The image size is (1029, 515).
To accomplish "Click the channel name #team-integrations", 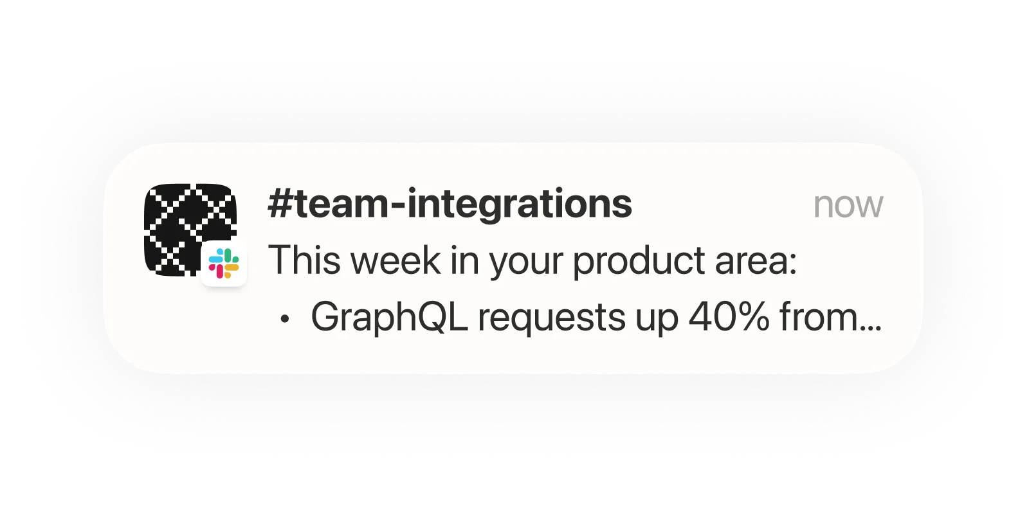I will pyautogui.click(x=450, y=205).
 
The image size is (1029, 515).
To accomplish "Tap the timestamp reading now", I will pyautogui.click(x=848, y=206).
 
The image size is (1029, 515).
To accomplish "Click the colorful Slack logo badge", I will pyautogui.click(x=224, y=264).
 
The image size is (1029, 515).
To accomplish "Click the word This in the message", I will pyautogui.click(x=300, y=260).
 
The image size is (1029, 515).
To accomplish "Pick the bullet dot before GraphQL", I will pyautogui.click(x=285, y=318).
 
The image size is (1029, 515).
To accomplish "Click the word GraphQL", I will pyautogui.click(x=388, y=318).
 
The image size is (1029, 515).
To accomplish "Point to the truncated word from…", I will pyautogui.click(x=830, y=318).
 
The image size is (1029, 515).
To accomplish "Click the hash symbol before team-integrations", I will pyautogui.click(x=280, y=205).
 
